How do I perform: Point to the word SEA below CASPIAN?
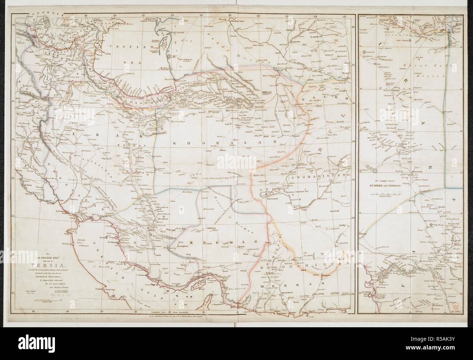(x=128, y=62)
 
